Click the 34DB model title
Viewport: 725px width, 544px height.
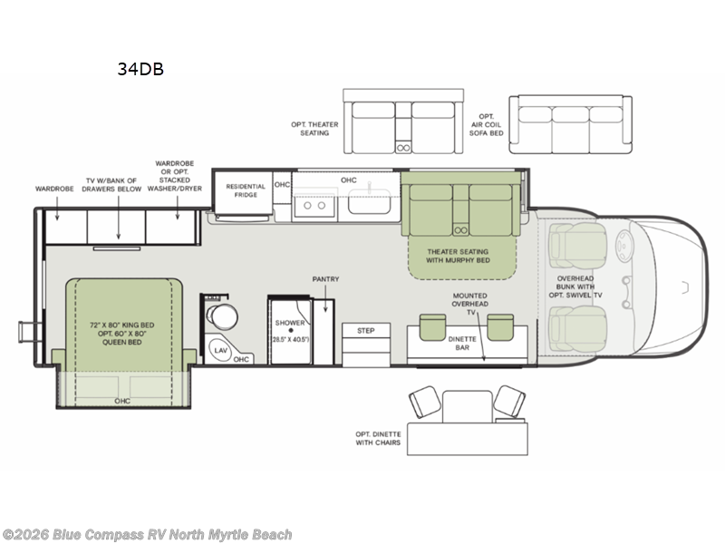(140, 68)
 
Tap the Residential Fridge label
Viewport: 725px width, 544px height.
(246, 190)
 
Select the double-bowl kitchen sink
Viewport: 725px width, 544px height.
(315, 206)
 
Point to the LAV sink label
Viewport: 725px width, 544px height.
(220, 349)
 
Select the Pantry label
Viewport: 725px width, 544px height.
(324, 279)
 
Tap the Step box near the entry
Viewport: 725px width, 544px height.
(365, 331)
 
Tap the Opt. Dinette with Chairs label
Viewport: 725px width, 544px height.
(374, 439)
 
